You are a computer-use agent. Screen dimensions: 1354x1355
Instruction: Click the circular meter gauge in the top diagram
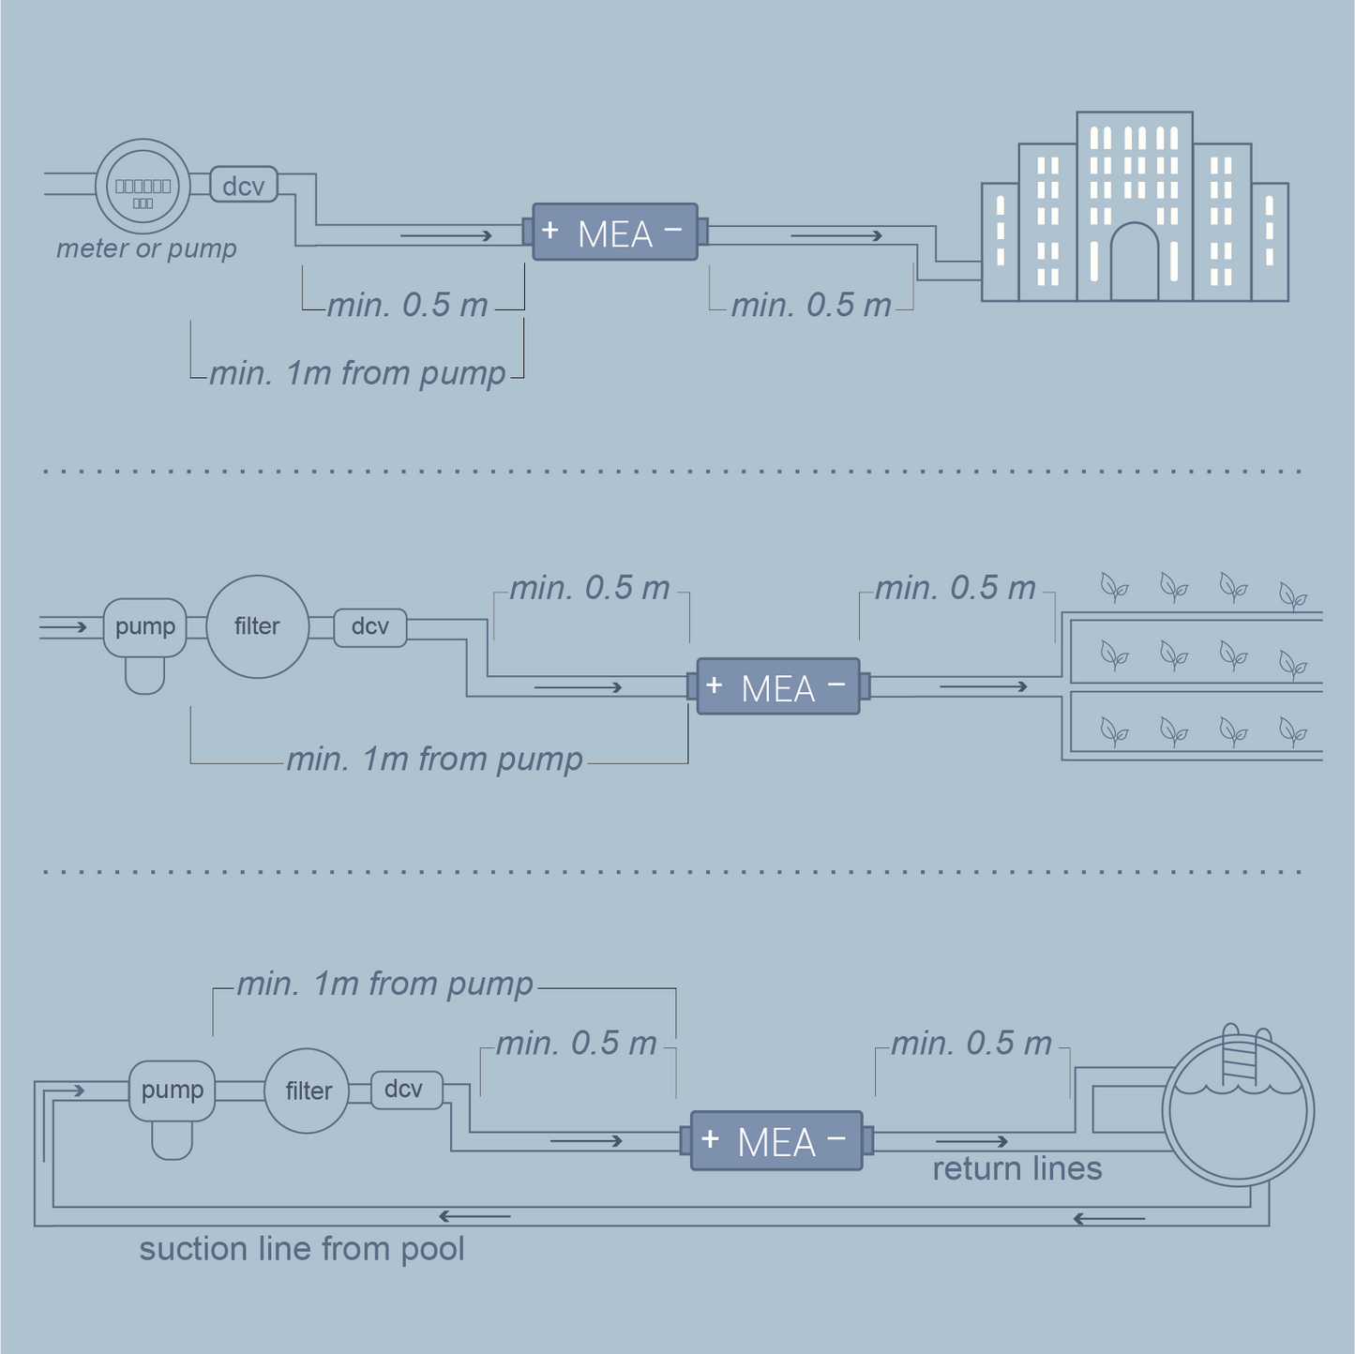143,188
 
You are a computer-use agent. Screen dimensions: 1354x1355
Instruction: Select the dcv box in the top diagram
244,185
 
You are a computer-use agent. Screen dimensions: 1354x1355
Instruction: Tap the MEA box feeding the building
615,232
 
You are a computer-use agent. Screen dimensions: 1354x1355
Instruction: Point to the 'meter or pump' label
146,248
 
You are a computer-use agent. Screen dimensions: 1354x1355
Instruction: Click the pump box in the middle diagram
145,626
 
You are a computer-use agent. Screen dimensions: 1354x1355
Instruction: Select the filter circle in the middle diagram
257,626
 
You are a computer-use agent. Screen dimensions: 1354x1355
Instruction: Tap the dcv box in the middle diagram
370,626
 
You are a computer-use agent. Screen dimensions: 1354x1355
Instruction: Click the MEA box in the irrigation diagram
778,687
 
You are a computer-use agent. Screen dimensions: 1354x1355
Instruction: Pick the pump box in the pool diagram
173,1091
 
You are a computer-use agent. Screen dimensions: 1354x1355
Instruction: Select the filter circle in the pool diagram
308,1091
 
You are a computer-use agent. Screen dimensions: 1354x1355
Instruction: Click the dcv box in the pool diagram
404,1090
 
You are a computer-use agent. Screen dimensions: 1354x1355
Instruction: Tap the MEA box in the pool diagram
776,1141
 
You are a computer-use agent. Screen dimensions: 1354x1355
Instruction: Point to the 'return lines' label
1017,1168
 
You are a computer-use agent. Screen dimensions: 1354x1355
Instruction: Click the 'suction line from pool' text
302,1249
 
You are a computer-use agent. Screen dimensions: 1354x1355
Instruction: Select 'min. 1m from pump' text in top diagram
357,373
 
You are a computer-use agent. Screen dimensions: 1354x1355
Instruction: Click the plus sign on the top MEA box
550,230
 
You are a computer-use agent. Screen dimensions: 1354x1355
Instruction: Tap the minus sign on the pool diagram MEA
836,1138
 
